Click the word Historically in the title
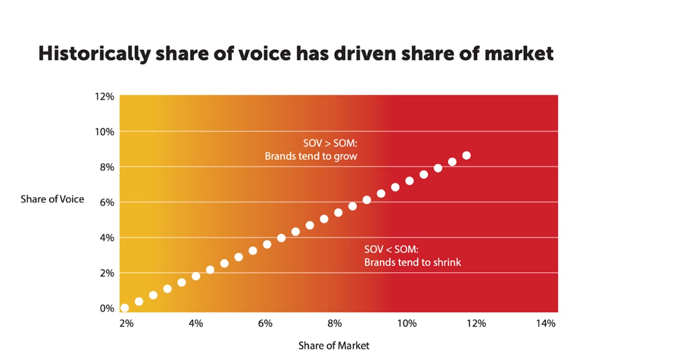[94, 53]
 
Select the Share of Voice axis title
[52, 199]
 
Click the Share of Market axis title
[334, 345]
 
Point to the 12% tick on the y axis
[104, 96]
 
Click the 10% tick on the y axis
[104, 132]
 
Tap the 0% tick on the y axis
[106, 308]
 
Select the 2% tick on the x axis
[126, 323]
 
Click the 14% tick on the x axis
[546, 323]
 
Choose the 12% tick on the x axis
[476, 323]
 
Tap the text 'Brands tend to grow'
[311, 156]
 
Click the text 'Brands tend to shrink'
[412, 262]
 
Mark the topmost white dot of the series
[466, 156]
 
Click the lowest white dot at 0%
[124, 308]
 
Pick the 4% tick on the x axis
[196, 323]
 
